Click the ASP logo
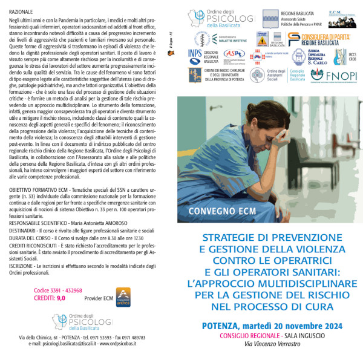[x=234, y=54]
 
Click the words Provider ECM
[x=99, y=298]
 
